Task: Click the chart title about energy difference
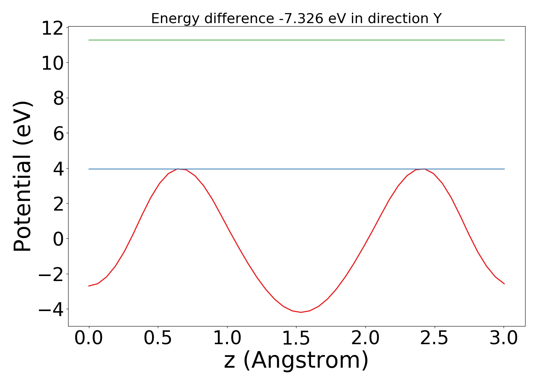point(296,18)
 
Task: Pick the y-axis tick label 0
point(58,239)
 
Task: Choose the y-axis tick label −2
point(53,275)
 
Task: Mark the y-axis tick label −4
point(53,310)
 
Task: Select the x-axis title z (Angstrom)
point(296,361)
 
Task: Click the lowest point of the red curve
point(301,312)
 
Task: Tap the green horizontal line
point(296,40)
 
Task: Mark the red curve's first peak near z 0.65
point(178,169)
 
